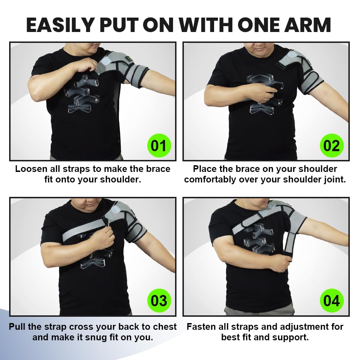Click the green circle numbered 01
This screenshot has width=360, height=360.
tap(158, 145)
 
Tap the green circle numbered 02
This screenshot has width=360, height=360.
tap(331, 145)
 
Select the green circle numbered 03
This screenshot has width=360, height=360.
tap(158, 301)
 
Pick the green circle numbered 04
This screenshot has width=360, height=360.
tap(331, 301)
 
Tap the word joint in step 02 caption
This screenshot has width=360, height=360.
tap(334, 179)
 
